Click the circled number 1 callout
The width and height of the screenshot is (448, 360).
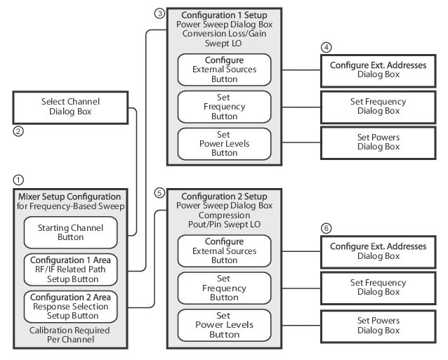pos(18,180)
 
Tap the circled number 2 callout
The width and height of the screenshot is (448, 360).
pos(18,131)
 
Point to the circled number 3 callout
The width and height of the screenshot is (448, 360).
pos(159,13)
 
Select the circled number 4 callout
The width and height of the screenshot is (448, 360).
pos(327,48)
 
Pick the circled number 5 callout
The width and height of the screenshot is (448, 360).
pos(159,193)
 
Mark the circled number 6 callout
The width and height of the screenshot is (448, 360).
pos(327,228)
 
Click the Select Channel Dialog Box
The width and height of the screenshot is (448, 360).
pos(70,107)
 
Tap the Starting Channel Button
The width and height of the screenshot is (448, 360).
pos(71,232)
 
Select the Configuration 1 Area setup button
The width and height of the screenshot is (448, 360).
pos(71,269)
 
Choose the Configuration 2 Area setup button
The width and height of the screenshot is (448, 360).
pos(71,307)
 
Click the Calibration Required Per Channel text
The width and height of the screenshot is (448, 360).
pos(70,335)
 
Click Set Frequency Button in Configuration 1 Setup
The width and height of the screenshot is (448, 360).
pos(224,107)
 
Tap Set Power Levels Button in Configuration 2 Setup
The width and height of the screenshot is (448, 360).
pos(224,325)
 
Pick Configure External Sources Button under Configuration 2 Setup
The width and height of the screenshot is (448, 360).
pos(224,251)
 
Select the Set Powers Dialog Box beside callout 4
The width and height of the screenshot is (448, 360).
pos(378,142)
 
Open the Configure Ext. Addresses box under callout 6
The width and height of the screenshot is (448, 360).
pos(378,251)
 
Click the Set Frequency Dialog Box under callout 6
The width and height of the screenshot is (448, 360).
pos(378,288)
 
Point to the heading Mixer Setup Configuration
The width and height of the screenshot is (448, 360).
pos(70,196)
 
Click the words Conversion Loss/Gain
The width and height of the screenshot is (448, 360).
pos(224,34)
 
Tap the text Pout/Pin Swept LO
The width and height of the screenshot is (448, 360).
pos(224,225)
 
